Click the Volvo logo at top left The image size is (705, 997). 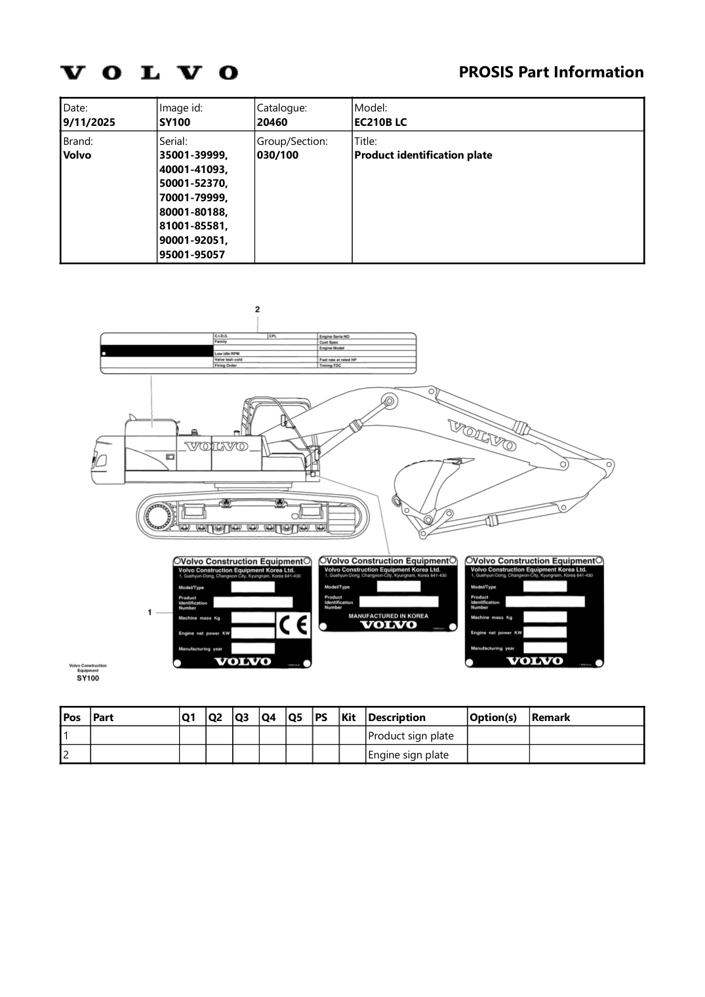149,72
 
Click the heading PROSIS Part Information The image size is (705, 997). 551,72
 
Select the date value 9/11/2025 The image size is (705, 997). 89,122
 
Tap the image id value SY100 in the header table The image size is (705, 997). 174,122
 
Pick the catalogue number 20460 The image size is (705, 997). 272,122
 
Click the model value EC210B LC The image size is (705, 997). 380,122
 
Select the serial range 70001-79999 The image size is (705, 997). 193,197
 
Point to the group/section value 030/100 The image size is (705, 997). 277,155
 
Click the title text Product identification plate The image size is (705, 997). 423,155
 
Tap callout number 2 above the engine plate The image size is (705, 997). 258,309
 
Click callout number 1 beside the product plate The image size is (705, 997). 150,612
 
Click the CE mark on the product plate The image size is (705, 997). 292,626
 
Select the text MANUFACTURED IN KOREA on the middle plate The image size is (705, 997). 388,616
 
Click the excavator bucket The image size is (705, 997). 420,485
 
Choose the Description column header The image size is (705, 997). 397,717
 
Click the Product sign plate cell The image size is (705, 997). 411,735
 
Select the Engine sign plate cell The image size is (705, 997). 408,754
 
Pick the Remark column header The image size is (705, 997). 550,717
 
